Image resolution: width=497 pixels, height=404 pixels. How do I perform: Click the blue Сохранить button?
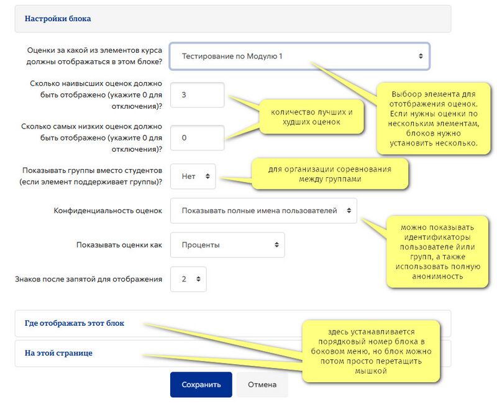pyautogui.click(x=201, y=385)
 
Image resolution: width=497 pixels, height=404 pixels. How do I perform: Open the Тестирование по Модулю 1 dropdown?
pyautogui.click(x=299, y=56)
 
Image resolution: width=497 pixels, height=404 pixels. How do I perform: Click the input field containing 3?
pyautogui.click(x=196, y=95)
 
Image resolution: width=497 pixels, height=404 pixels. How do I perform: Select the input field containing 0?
pyautogui.click(x=196, y=138)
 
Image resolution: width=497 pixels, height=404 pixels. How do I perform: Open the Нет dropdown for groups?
pyautogui.click(x=193, y=177)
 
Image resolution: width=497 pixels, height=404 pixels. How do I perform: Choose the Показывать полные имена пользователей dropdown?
pyautogui.click(x=263, y=211)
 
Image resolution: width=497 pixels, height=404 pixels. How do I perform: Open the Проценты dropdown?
pyautogui.click(x=227, y=245)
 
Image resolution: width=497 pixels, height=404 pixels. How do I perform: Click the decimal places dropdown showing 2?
pyautogui.click(x=188, y=279)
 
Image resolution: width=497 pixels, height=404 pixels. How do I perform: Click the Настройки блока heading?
pyautogui.click(x=58, y=19)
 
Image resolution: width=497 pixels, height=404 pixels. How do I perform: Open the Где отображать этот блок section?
pyautogui.click(x=75, y=323)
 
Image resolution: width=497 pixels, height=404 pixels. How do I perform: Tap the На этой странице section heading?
pyautogui.click(x=58, y=353)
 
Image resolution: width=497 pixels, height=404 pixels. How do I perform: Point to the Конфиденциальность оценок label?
pyautogui.click(x=108, y=211)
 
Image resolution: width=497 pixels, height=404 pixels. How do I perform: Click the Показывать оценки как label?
pyautogui.click(x=119, y=245)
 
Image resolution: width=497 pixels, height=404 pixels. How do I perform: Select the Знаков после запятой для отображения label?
pyautogui.click(x=88, y=279)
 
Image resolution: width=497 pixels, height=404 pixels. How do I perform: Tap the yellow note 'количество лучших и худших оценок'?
pyautogui.click(x=312, y=117)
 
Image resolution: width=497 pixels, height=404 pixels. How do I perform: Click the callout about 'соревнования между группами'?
pyautogui.click(x=329, y=174)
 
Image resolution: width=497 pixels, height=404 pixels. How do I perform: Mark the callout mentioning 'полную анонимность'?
pyautogui.click(x=434, y=251)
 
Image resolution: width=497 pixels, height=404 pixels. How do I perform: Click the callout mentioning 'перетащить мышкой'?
pyautogui.click(x=370, y=352)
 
